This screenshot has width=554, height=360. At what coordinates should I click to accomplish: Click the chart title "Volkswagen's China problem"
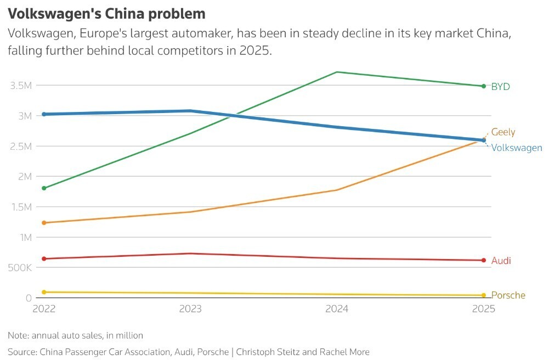(106, 14)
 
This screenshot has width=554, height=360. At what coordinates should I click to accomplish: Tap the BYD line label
(500, 87)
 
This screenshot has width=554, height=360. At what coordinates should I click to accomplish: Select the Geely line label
(503, 132)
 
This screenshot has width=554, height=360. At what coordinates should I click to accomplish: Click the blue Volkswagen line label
(517, 148)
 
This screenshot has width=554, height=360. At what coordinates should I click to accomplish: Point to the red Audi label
(501, 261)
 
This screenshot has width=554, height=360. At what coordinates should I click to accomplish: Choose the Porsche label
(508, 295)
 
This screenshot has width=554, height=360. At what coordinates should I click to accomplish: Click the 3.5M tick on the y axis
(21, 85)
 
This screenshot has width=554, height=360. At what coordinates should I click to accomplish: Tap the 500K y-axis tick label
(20, 268)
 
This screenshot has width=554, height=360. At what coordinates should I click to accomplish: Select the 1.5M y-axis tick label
(21, 207)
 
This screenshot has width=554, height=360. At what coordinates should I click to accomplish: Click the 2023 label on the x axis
(190, 309)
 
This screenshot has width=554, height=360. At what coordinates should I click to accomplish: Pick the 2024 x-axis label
(337, 309)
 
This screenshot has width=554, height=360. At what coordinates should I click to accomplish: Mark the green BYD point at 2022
(44, 188)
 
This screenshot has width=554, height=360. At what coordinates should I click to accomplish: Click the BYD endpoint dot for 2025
(484, 86)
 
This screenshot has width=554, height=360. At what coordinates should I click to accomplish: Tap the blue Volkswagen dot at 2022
(44, 114)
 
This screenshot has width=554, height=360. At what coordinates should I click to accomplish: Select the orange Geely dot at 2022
(44, 223)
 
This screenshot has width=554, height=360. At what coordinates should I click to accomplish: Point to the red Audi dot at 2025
(484, 260)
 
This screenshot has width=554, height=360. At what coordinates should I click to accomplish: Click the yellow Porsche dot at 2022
(44, 292)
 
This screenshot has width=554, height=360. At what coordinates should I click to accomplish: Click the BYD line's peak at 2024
(337, 72)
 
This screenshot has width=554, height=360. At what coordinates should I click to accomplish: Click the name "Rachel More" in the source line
(344, 352)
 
